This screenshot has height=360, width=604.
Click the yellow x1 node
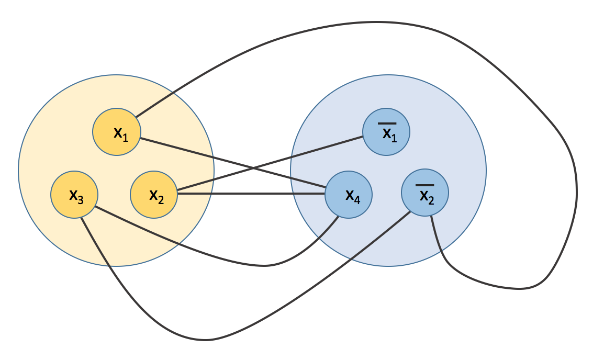click(117, 132)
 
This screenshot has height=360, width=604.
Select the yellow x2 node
click(154, 195)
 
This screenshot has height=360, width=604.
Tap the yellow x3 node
click(74, 195)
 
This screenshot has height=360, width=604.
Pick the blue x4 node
click(349, 195)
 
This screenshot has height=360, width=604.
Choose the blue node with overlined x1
click(386, 132)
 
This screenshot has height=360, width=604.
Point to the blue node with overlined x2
click(425, 193)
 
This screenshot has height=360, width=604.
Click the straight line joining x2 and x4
click(251, 194)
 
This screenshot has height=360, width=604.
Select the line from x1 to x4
click(233, 163)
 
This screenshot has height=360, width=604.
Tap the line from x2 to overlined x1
click(270, 163)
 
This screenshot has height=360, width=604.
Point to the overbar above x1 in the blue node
click(387, 123)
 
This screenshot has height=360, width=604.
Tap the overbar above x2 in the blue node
click(425, 185)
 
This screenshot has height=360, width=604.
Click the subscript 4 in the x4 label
click(357, 200)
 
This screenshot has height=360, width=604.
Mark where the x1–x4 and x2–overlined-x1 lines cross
click(253, 168)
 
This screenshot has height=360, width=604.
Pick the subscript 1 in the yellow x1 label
click(125, 138)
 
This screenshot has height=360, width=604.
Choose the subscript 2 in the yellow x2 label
click(161, 200)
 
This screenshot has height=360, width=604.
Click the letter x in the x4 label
click(350, 195)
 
